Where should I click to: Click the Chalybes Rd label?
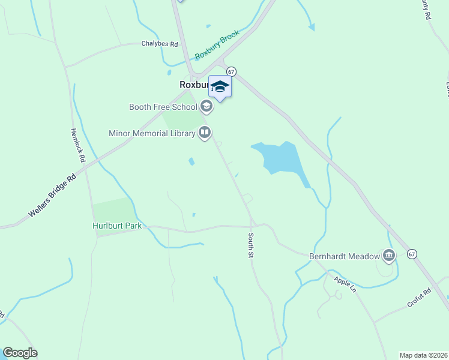pos(160,44)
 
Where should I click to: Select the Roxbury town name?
pos(193,85)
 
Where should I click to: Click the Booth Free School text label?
pos(163,107)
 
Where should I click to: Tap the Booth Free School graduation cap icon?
pos(206,107)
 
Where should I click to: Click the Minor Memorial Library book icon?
pos(205,133)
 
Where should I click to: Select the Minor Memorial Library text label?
pos(152,133)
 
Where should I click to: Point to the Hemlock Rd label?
pos(76,146)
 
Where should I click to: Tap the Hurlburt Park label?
pos(117,226)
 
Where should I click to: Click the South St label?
pos(250,246)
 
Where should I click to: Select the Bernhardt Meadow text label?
pos(345,256)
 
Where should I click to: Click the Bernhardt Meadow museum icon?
pos(389,256)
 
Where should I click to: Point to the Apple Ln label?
pos(345,284)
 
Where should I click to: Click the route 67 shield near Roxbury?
pos(232,70)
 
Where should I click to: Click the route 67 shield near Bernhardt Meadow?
pos(412,254)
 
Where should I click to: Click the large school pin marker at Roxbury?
pos(220,88)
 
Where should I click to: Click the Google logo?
pos(20,353)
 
